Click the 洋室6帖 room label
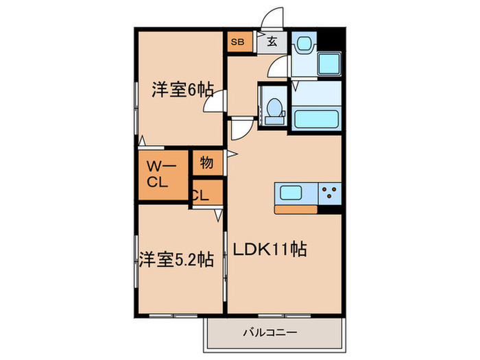(x=182, y=90)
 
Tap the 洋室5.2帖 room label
(x=176, y=260)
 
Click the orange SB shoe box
(x=237, y=42)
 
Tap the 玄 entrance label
(x=272, y=42)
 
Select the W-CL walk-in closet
(x=162, y=174)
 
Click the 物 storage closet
(x=206, y=163)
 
